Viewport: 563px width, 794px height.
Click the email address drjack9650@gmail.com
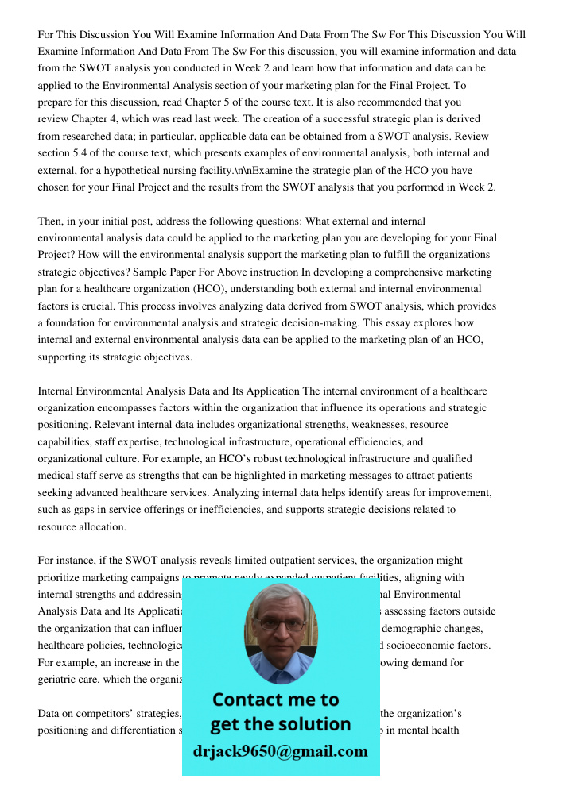pyautogui.click(x=280, y=751)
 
